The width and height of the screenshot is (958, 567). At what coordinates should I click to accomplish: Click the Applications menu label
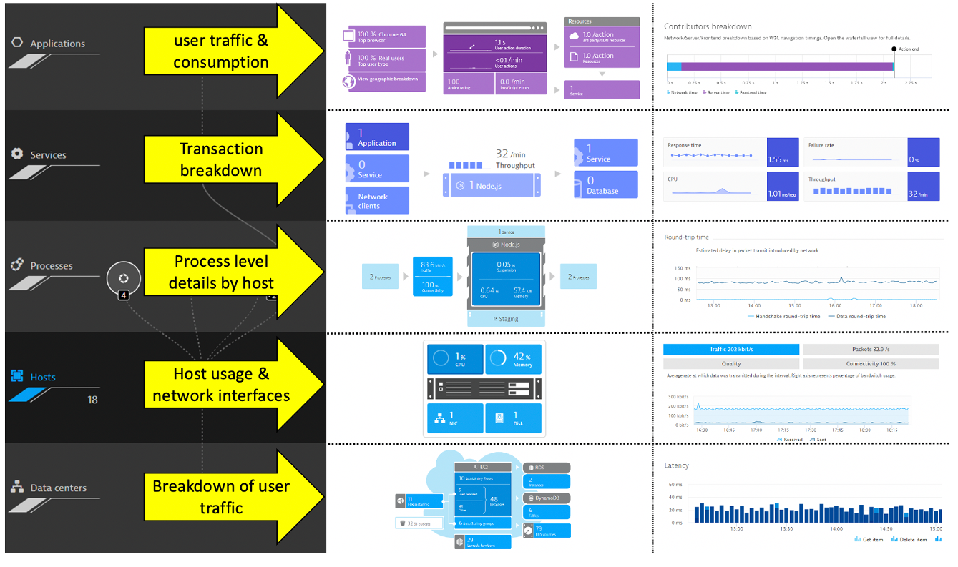point(57,44)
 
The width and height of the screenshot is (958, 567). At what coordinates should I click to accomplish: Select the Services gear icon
point(17,154)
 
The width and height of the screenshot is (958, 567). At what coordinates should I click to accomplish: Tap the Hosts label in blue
point(43,377)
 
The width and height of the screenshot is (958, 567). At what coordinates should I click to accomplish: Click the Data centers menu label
point(58,488)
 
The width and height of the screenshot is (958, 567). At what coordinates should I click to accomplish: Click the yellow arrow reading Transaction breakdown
point(221,159)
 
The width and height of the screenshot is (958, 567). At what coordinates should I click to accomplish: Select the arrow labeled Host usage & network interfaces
point(221,385)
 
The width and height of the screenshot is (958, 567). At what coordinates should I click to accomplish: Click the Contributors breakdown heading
point(708,26)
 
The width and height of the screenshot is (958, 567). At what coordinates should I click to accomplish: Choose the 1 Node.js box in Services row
point(491,185)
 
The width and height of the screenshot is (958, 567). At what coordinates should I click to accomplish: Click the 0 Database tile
point(605,185)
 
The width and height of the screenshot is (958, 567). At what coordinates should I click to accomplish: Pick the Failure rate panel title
point(821,145)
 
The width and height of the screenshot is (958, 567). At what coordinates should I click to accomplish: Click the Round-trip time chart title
point(687,237)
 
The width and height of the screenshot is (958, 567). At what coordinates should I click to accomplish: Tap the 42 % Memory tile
point(514,360)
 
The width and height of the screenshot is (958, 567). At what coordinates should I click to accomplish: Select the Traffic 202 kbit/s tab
point(730,350)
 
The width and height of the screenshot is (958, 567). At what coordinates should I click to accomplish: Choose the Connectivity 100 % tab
point(870,363)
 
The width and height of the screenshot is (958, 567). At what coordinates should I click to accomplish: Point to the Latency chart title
point(676,465)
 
